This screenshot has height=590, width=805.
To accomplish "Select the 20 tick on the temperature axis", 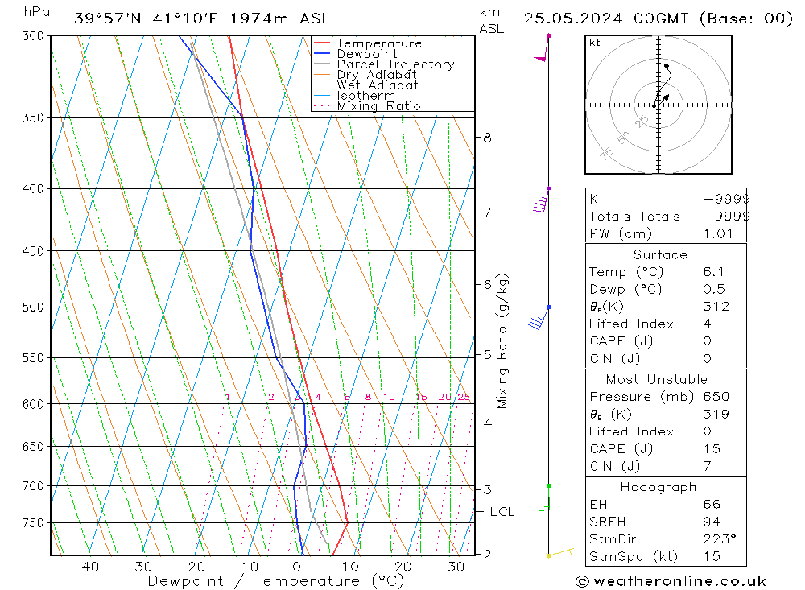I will (x=403, y=567).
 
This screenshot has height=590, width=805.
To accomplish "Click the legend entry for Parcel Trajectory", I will (x=395, y=64).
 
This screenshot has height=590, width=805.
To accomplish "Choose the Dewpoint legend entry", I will (x=366, y=54).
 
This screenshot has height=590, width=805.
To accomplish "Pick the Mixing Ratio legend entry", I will (x=378, y=106).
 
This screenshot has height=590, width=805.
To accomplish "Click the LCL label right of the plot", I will (x=502, y=512).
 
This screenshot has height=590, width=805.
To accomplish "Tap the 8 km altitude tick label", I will (x=487, y=138).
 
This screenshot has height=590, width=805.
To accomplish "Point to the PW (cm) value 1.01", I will (x=718, y=233).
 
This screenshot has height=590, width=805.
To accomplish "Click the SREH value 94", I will (x=711, y=522).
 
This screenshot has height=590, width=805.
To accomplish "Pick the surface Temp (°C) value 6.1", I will (x=713, y=272).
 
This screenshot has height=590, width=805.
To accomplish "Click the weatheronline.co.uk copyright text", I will (x=671, y=580).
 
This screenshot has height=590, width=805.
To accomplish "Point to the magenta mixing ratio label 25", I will (x=464, y=397).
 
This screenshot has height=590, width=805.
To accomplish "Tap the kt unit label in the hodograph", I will (x=594, y=43).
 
